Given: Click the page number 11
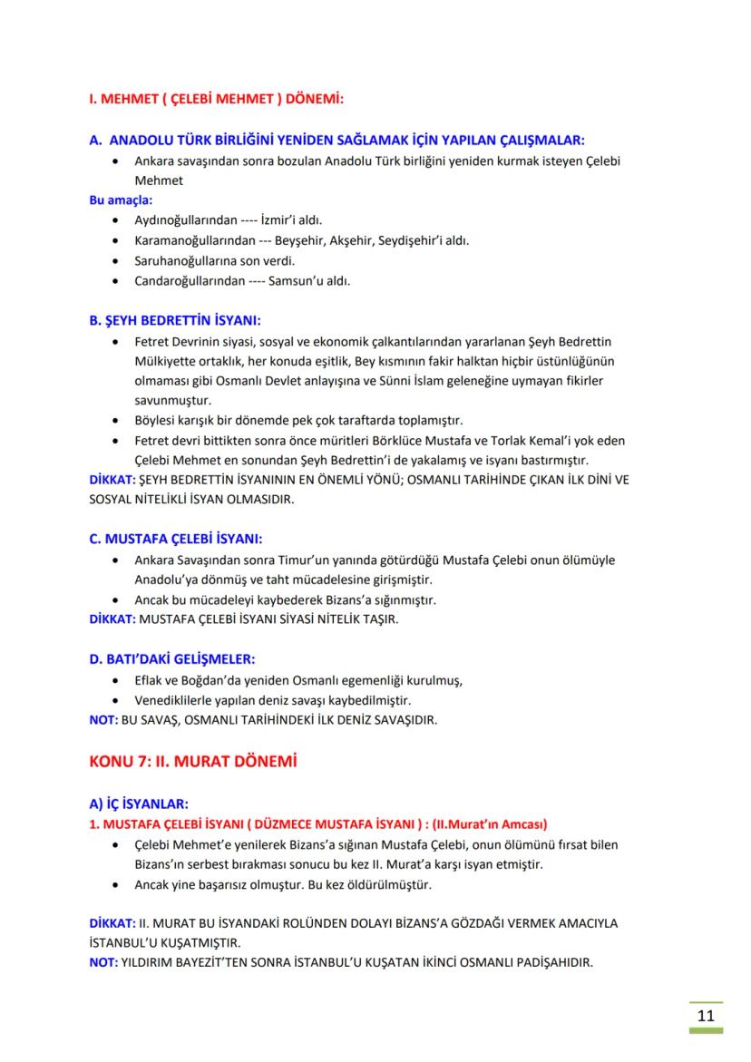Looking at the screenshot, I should click(705, 1014).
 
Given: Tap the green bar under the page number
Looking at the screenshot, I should click(705, 1031).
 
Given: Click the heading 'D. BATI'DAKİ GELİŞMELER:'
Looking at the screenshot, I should click(171, 658).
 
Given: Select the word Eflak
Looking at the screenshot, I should click(151, 680).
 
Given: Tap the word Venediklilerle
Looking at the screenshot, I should click(177, 700).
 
